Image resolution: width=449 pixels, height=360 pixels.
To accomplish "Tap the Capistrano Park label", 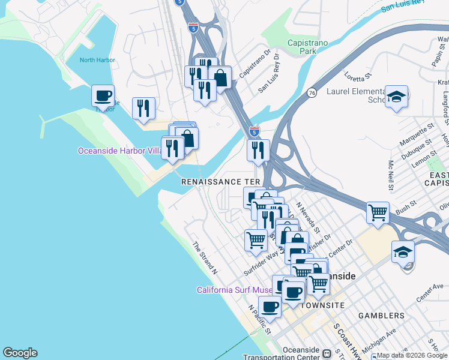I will pos(310,47).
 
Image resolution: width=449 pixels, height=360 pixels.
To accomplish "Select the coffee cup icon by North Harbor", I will pos(103,95).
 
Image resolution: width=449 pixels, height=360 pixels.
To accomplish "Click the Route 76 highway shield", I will pos(311,93).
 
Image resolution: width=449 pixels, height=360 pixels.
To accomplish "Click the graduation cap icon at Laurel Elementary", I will pos(396,96).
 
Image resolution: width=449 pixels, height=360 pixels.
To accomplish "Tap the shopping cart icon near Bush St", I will pos(378,212).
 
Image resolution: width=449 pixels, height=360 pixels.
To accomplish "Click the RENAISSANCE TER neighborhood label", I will pos(221,181).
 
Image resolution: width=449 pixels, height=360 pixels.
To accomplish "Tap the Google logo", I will pos(20,353).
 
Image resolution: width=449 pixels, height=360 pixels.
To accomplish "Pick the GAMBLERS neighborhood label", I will pos(381,315).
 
